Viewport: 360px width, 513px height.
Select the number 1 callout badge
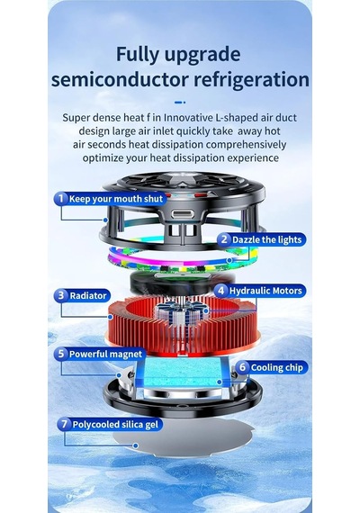tap(61, 199)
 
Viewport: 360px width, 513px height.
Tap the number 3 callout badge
tap(61, 295)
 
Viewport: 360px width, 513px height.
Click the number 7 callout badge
tap(64, 424)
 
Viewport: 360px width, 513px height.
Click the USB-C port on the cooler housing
tap(183, 214)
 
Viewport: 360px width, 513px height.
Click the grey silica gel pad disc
tap(184, 438)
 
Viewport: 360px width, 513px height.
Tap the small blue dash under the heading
tap(180, 103)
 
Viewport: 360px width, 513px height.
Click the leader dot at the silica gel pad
tap(136, 445)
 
